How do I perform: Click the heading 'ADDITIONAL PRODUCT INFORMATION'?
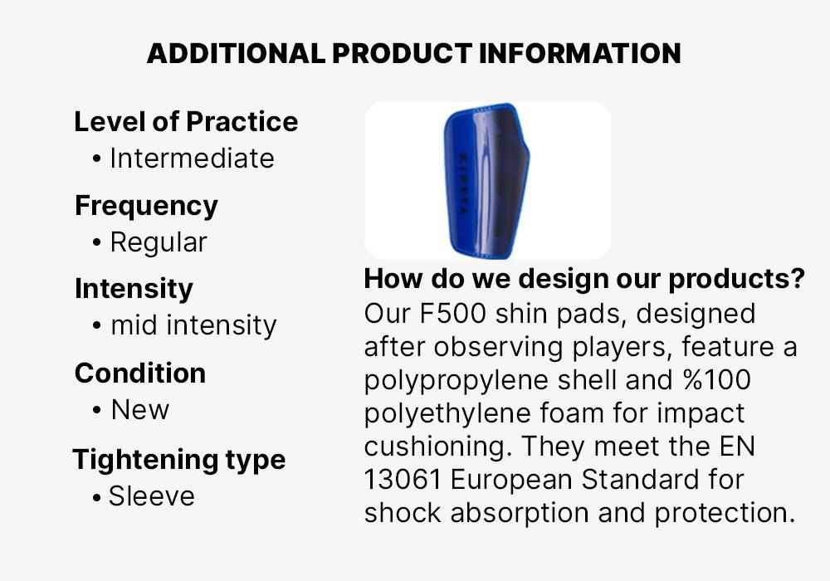tap(414, 53)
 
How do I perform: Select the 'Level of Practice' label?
tap(186, 121)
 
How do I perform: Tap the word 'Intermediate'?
tap(193, 159)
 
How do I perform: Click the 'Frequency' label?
tap(146, 206)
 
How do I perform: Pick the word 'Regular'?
tap(159, 243)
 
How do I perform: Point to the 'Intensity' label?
tap(134, 288)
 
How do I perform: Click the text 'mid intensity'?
tap(193, 325)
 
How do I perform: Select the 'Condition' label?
tap(140, 373)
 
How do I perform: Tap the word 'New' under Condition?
tap(139, 409)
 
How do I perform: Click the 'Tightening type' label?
tap(179, 459)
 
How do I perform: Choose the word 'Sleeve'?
tap(151, 496)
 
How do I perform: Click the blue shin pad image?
tap(486, 180)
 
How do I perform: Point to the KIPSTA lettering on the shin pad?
tap(462, 183)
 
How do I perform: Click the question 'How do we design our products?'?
tap(584, 278)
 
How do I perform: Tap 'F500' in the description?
tap(452, 313)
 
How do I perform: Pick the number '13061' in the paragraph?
tap(403, 480)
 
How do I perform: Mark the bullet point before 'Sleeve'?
tap(95, 497)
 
